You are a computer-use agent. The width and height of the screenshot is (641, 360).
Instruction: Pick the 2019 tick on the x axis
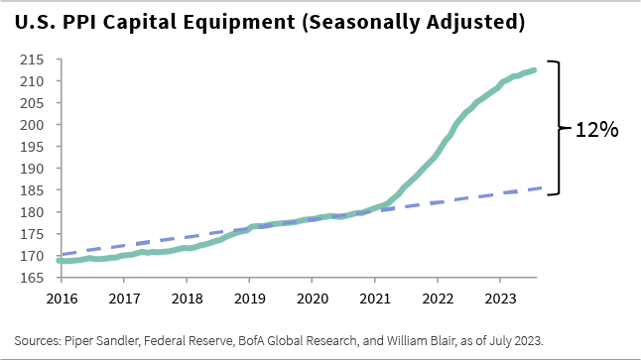coord(249,298)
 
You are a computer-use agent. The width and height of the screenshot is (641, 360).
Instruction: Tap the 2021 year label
coord(375,298)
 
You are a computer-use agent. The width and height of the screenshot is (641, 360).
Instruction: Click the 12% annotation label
coord(596,129)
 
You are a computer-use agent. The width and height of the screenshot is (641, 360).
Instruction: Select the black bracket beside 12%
coord(559,128)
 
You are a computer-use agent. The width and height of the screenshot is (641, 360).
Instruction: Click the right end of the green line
coord(536,69)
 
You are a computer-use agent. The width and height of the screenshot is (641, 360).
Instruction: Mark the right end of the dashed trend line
coord(538,188)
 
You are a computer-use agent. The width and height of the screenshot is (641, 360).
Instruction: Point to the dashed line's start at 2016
coord(62,255)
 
